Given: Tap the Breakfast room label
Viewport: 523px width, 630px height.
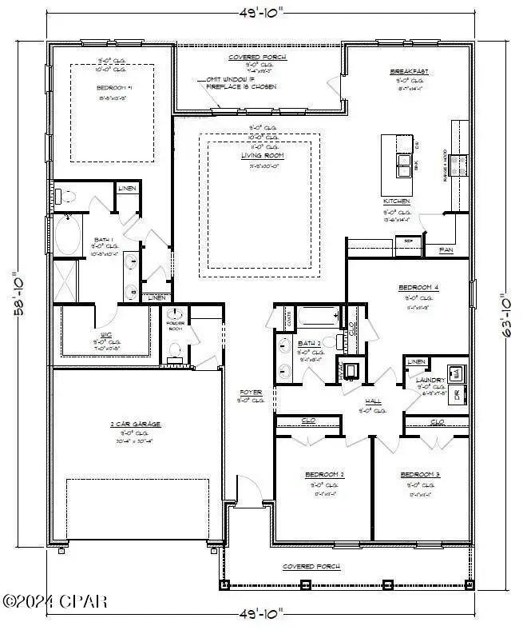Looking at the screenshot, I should click(410, 71).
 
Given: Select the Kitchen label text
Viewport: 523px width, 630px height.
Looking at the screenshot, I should click(397, 201).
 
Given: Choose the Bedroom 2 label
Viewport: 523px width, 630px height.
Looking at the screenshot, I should click(325, 474).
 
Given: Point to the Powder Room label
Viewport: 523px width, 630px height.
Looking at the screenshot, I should click(175, 325).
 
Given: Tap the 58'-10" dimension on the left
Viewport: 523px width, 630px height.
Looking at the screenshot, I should click(17, 294).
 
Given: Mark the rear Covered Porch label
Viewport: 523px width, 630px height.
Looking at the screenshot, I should click(257, 58).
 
